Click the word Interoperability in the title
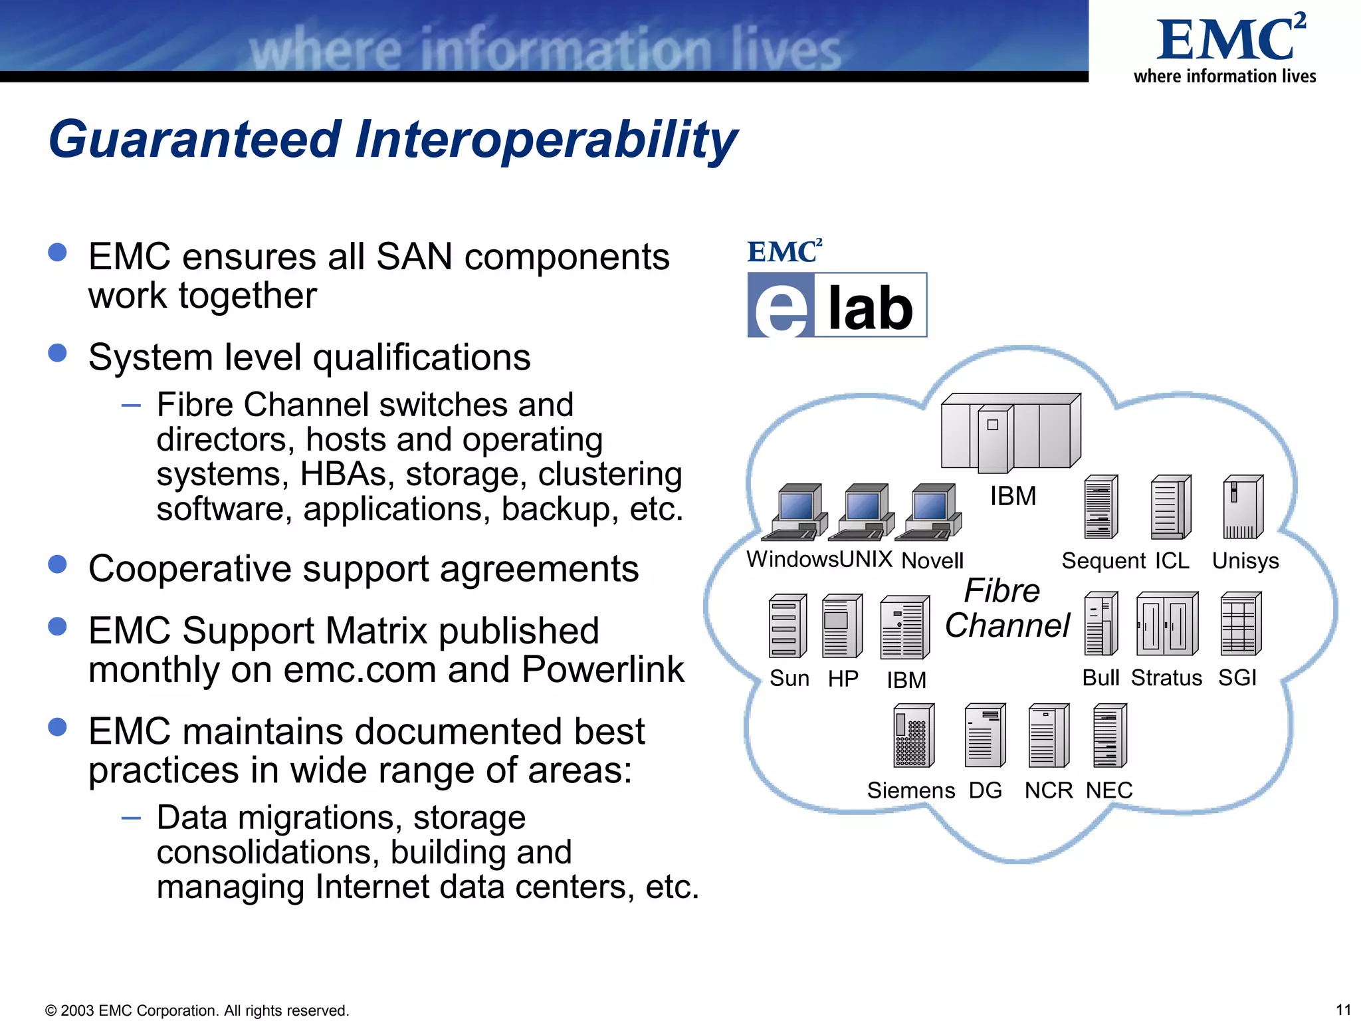[x=545, y=140]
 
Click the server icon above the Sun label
[x=787, y=625]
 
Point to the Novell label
[x=932, y=561]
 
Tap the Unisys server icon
[x=1242, y=507]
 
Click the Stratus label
[x=1166, y=678]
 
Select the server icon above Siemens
[x=913, y=736]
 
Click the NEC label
[x=1108, y=790]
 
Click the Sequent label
[x=1103, y=561]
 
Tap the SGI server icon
[x=1240, y=624]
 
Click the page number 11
[x=1342, y=1010]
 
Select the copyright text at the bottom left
[x=197, y=1010]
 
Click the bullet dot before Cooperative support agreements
[x=58, y=564]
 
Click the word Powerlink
[x=602, y=669]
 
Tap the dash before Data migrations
[x=131, y=818]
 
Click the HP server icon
[x=841, y=625]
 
